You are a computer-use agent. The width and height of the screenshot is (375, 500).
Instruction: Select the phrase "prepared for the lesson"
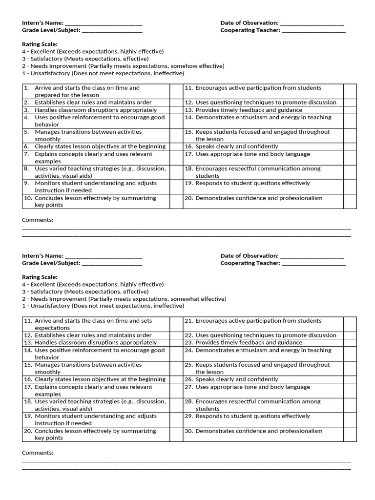click(x=67, y=95)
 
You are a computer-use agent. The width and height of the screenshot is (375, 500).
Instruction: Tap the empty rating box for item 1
click(x=176, y=91)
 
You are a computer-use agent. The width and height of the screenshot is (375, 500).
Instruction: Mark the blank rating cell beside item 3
click(x=176, y=110)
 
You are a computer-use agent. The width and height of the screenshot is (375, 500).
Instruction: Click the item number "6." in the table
click(x=27, y=146)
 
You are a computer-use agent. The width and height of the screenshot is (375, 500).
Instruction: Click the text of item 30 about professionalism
click(x=259, y=431)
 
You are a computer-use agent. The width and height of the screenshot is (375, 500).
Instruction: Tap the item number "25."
click(x=189, y=365)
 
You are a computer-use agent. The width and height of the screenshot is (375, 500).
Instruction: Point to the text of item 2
click(x=93, y=103)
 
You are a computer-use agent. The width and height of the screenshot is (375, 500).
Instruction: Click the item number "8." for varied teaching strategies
click(x=27, y=169)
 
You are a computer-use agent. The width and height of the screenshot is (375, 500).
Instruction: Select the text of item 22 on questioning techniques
click(x=266, y=335)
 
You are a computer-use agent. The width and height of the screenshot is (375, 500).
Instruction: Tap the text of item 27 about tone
click(x=252, y=387)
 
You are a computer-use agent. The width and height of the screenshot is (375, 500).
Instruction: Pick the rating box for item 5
click(x=176, y=135)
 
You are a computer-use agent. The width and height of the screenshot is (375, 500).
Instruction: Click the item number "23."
click(x=189, y=343)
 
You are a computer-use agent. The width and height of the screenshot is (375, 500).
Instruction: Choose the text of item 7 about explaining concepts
click(x=93, y=158)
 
